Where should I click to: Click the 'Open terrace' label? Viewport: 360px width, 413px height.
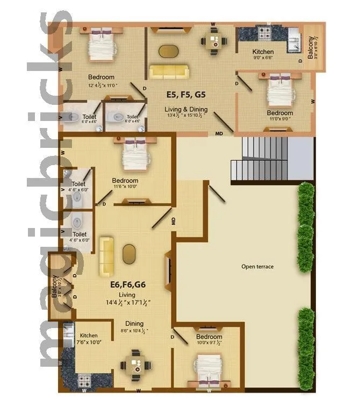tap(257, 267)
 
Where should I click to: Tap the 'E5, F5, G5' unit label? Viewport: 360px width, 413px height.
tap(186, 95)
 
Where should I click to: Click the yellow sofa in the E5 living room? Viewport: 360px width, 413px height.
tap(169, 72)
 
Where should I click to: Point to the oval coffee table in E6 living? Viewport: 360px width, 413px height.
tap(129, 254)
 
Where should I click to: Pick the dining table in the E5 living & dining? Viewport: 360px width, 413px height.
tap(214, 40)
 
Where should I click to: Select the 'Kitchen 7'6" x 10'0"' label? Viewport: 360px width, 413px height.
tap(86, 339)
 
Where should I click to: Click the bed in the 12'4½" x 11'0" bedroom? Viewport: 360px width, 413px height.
tap(101, 45)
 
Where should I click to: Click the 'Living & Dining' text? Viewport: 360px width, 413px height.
tap(186, 109)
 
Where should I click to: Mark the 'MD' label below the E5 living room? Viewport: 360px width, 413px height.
tap(219, 132)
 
